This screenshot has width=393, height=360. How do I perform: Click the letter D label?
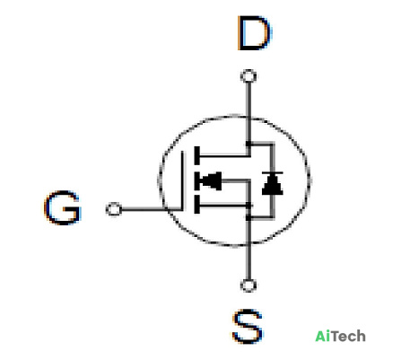[255, 33]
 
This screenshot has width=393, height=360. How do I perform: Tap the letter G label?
[63, 207]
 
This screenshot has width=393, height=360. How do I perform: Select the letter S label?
[248, 327]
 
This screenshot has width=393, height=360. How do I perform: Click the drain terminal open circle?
[249, 76]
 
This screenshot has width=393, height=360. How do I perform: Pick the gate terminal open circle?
[114, 209]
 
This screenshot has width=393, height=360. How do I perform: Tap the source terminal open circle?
[249, 285]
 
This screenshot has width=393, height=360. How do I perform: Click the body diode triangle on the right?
[272, 185]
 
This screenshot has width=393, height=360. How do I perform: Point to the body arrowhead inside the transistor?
[211, 181]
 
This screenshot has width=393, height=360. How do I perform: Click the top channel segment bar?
[196, 155]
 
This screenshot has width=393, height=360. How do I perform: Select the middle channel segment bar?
[196, 180]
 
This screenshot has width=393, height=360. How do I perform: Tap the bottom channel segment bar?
[196, 205]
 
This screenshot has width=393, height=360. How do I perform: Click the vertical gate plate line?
[182, 180]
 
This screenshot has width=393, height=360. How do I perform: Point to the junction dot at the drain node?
[249, 144]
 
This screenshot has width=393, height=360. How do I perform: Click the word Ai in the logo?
[321, 336]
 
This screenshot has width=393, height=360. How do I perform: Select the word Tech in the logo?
[347, 336]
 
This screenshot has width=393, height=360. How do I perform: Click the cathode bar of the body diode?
[272, 173]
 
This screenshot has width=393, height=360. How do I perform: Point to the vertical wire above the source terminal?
[249, 250]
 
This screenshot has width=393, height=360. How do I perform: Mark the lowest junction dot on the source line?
[249, 218]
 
